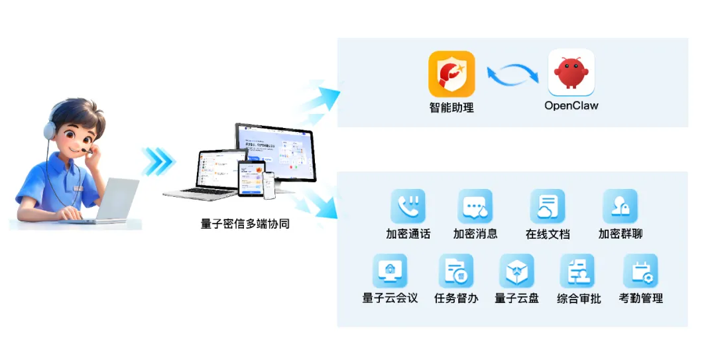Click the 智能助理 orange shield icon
tap(451, 74)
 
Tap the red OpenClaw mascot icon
tap(571, 73)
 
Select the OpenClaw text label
tap(571, 105)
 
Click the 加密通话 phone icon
tap(408, 206)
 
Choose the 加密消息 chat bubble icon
tap(475, 206)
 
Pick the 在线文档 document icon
tap(548, 206)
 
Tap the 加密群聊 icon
tap(620, 206)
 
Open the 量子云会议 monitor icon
tap(390, 270)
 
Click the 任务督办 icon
tap(456, 270)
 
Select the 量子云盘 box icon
tap(516, 270)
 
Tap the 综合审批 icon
tap(577, 270)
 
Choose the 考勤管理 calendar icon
tap(640, 270)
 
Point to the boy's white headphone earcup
tap(49, 131)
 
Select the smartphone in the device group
tap(269, 186)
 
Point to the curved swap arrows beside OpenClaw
tap(512, 74)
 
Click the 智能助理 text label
tap(451, 107)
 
